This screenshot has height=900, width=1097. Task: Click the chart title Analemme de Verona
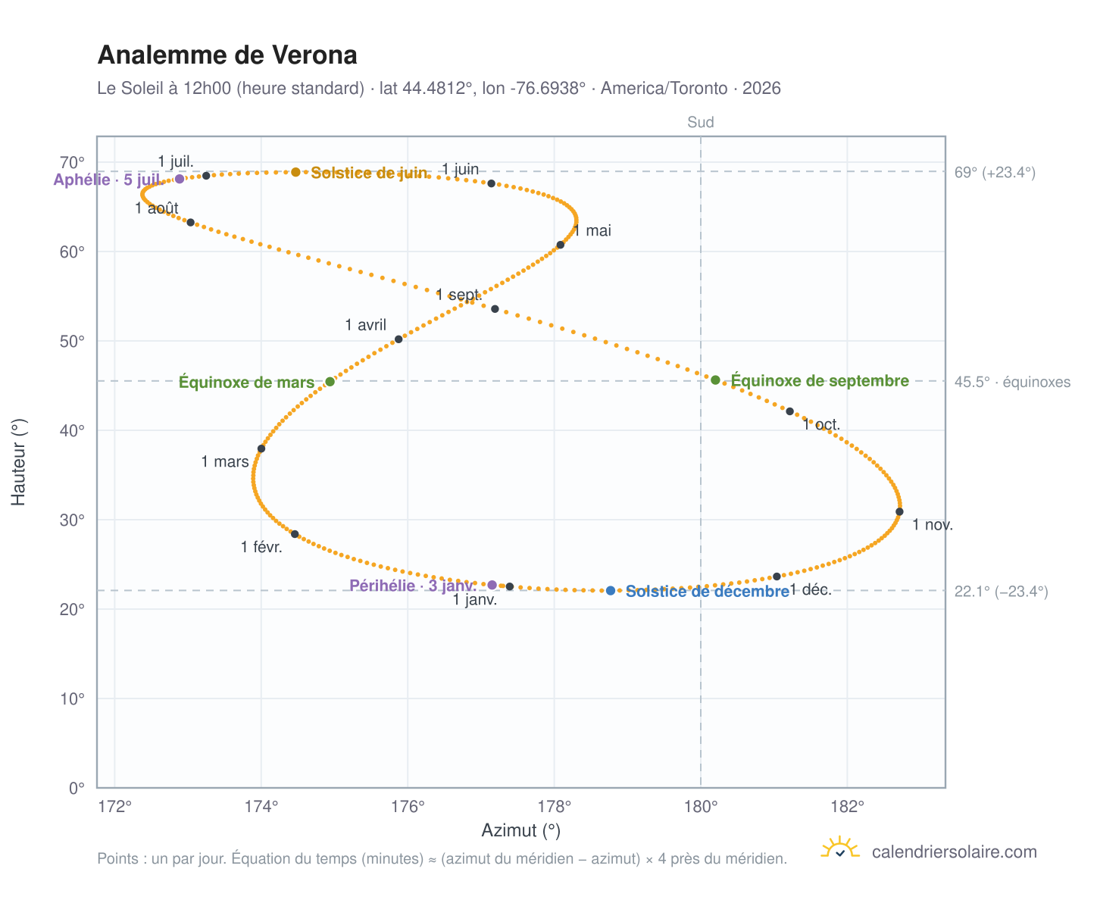click(x=227, y=55)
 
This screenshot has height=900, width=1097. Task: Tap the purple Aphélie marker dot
click(x=179, y=179)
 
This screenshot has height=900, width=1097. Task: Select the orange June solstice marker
click(x=295, y=172)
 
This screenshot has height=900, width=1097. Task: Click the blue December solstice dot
click(x=610, y=590)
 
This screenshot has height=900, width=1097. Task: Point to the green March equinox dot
click(x=330, y=381)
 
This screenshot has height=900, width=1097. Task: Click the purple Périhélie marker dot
click(x=492, y=584)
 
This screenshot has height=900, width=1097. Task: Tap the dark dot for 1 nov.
click(x=899, y=511)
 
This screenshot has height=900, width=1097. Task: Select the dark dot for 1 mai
click(x=560, y=245)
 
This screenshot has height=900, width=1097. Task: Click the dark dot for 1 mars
click(x=261, y=448)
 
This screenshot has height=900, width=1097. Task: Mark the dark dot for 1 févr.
click(x=295, y=533)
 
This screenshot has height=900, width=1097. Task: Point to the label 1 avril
click(x=365, y=325)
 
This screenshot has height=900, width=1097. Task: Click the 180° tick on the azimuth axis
click(x=700, y=806)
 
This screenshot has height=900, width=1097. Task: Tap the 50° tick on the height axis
click(x=72, y=341)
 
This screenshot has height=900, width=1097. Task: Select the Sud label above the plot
click(x=700, y=122)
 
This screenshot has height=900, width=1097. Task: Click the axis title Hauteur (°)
click(x=18, y=461)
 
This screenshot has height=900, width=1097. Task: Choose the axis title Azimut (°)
click(x=520, y=830)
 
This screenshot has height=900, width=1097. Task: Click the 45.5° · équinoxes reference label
click(x=1011, y=381)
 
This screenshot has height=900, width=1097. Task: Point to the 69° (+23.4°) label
click(x=994, y=172)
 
